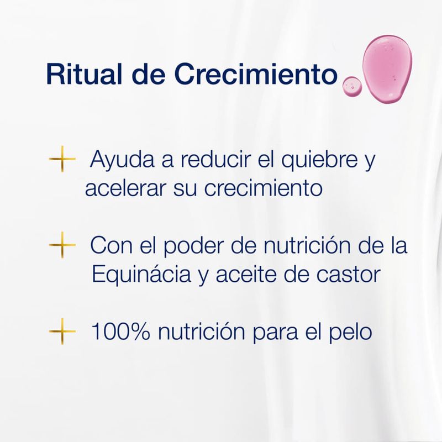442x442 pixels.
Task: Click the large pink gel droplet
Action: (387, 69)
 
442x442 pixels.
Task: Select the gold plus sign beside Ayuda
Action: (62, 161)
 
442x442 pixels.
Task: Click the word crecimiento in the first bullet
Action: (263, 188)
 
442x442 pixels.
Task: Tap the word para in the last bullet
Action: (272, 333)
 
